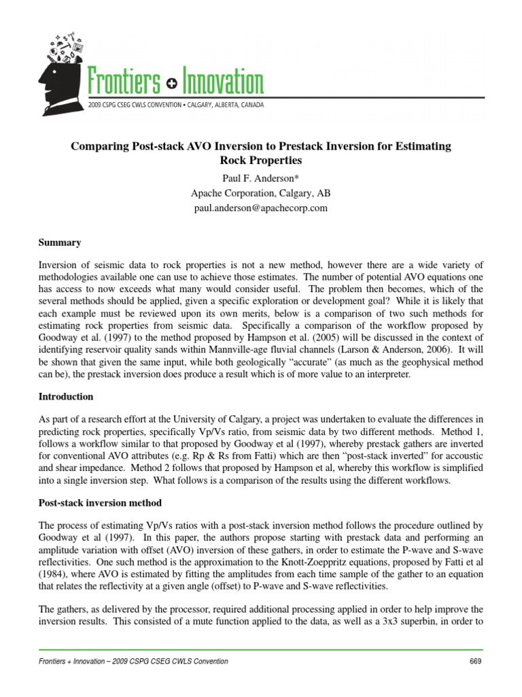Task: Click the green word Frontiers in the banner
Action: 125,84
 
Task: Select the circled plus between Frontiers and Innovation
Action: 171,85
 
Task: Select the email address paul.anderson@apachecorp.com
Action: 261,208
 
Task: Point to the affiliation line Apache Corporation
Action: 261,193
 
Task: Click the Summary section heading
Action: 60,243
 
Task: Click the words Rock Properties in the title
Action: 261,161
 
